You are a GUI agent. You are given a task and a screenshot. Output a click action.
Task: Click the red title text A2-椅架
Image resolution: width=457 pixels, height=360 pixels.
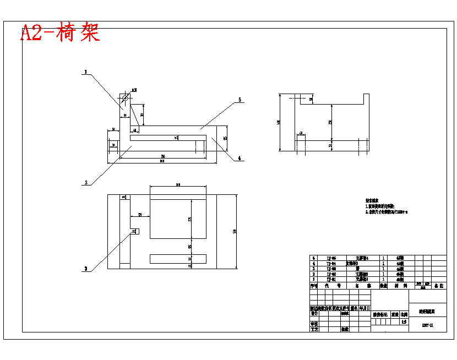click(60, 33)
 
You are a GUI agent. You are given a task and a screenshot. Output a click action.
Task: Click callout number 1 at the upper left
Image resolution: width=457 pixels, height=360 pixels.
click(86, 72)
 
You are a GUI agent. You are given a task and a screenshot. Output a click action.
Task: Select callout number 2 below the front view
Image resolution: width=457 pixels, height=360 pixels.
click(86, 182)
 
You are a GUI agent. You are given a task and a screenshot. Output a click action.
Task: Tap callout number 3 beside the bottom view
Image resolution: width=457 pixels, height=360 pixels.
click(85, 269)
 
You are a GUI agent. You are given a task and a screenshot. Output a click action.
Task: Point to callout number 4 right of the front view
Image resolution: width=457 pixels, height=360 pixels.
click(240, 159)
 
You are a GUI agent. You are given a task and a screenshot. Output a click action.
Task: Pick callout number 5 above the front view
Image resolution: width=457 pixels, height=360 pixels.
click(240, 100)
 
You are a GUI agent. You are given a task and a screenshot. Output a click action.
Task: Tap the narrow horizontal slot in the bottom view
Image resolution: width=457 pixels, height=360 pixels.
click(178, 259)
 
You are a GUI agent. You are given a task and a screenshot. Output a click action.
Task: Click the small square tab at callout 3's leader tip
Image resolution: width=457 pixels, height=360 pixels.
click(134, 232)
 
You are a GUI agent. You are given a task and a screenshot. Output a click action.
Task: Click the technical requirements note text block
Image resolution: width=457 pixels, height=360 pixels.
click(386, 207)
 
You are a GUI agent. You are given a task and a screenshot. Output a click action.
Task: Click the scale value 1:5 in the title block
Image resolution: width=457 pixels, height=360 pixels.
click(404, 321)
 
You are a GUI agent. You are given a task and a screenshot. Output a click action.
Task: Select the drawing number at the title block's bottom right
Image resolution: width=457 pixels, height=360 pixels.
click(427, 325)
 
